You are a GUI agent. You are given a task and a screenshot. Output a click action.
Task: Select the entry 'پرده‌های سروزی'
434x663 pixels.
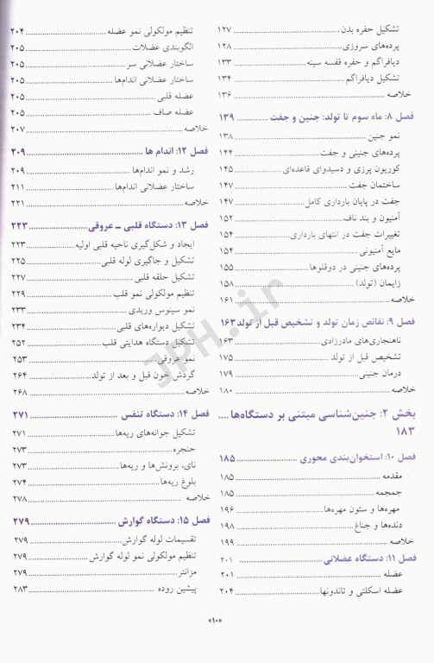click(x=378, y=46)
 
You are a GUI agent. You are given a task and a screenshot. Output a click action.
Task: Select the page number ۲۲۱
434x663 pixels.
click(x=17, y=202)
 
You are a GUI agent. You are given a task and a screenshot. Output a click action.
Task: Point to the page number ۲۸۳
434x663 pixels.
click(x=18, y=590)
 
